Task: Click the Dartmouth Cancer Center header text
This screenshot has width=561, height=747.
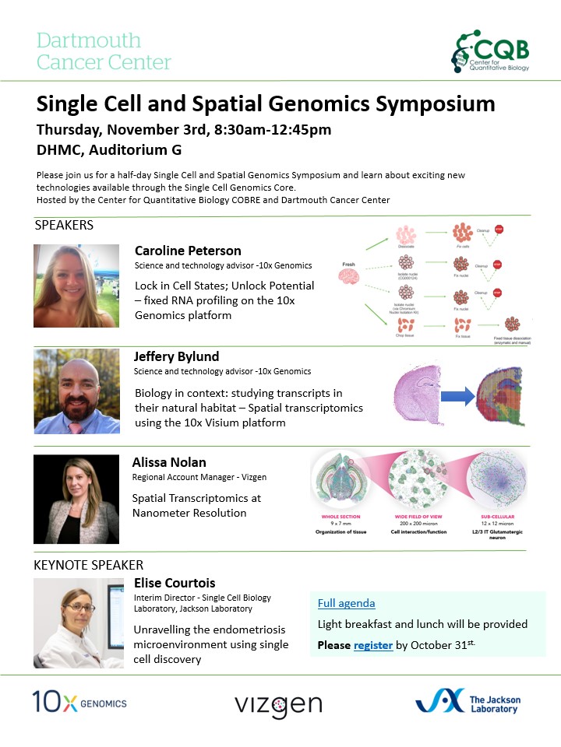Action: (x=104, y=51)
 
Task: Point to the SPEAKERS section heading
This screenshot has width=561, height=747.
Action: (x=64, y=226)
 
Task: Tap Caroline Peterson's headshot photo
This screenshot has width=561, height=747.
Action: (x=76, y=286)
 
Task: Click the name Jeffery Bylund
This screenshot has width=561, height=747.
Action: (x=177, y=356)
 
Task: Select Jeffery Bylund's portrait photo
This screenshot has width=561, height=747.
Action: (x=76, y=391)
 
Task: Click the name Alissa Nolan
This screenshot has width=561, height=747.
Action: (x=171, y=462)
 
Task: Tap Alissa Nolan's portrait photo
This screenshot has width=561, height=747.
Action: (x=76, y=499)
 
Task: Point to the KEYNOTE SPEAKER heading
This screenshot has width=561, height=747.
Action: (x=88, y=565)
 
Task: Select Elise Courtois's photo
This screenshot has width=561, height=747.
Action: (x=76, y=622)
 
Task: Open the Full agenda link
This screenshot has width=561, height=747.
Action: (x=346, y=603)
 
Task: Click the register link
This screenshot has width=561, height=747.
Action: (x=373, y=645)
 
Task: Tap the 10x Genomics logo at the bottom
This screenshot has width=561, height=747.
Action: (x=79, y=702)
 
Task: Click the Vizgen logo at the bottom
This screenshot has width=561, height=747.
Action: (x=278, y=704)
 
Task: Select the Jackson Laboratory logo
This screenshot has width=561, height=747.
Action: (x=467, y=702)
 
